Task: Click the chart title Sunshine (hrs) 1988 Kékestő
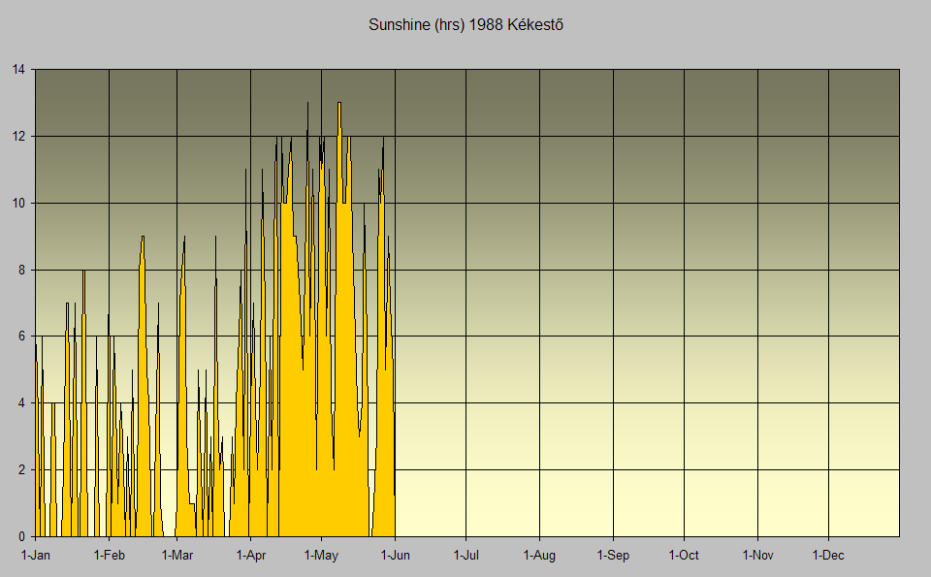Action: click(x=465, y=25)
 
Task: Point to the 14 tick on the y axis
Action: click(x=18, y=70)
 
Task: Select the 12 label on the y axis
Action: click(x=18, y=137)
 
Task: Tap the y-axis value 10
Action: click(x=18, y=204)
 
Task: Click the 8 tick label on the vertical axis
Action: click(x=22, y=271)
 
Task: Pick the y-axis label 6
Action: click(x=22, y=337)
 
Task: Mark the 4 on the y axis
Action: click(x=22, y=403)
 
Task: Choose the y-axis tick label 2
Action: click(x=22, y=470)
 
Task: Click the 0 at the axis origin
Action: click(x=22, y=536)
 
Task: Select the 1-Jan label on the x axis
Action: click(x=36, y=556)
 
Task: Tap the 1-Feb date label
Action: click(x=110, y=556)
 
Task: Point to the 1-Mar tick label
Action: click(x=177, y=556)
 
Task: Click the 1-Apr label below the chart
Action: click(x=251, y=556)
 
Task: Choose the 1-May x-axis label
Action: click(x=321, y=556)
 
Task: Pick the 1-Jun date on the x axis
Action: click(x=395, y=556)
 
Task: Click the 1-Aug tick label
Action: click(x=539, y=556)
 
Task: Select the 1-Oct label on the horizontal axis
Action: click(x=684, y=556)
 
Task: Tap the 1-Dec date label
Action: click(x=828, y=556)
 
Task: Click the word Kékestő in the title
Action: click(x=535, y=25)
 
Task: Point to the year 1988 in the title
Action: click(x=486, y=25)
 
